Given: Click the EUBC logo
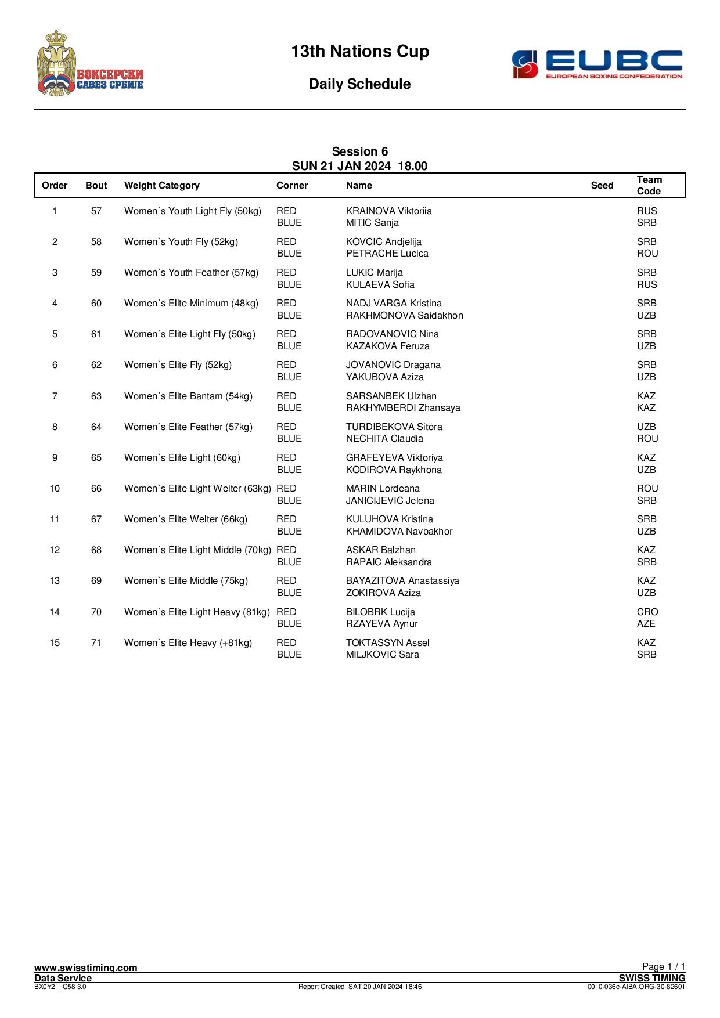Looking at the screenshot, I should click(x=597, y=64).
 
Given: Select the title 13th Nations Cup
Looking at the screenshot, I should click(x=360, y=52).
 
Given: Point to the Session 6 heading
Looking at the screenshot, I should click(x=360, y=152).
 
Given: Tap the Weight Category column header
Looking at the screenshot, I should click(x=161, y=186).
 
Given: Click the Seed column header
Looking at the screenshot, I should click(x=602, y=186).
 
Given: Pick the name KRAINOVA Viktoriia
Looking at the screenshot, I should click(x=388, y=211).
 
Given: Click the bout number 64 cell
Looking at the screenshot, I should click(x=96, y=427).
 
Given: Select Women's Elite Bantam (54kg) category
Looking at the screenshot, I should click(x=188, y=396).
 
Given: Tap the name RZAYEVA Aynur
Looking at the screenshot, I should click(x=381, y=624).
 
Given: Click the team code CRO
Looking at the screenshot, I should click(x=647, y=612).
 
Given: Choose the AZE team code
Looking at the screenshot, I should click(x=646, y=624).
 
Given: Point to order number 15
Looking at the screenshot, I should click(x=55, y=643).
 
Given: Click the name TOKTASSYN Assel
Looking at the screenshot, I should click(x=387, y=643).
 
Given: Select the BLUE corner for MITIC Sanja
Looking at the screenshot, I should click(x=289, y=223).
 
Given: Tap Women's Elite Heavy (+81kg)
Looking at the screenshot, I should click(x=188, y=643).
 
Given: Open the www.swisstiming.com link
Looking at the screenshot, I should click(x=86, y=968).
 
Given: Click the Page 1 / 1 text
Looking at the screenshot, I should click(x=664, y=966).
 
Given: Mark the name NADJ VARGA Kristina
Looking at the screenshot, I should click(x=394, y=304).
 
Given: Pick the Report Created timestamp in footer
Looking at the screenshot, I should click(x=360, y=987).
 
